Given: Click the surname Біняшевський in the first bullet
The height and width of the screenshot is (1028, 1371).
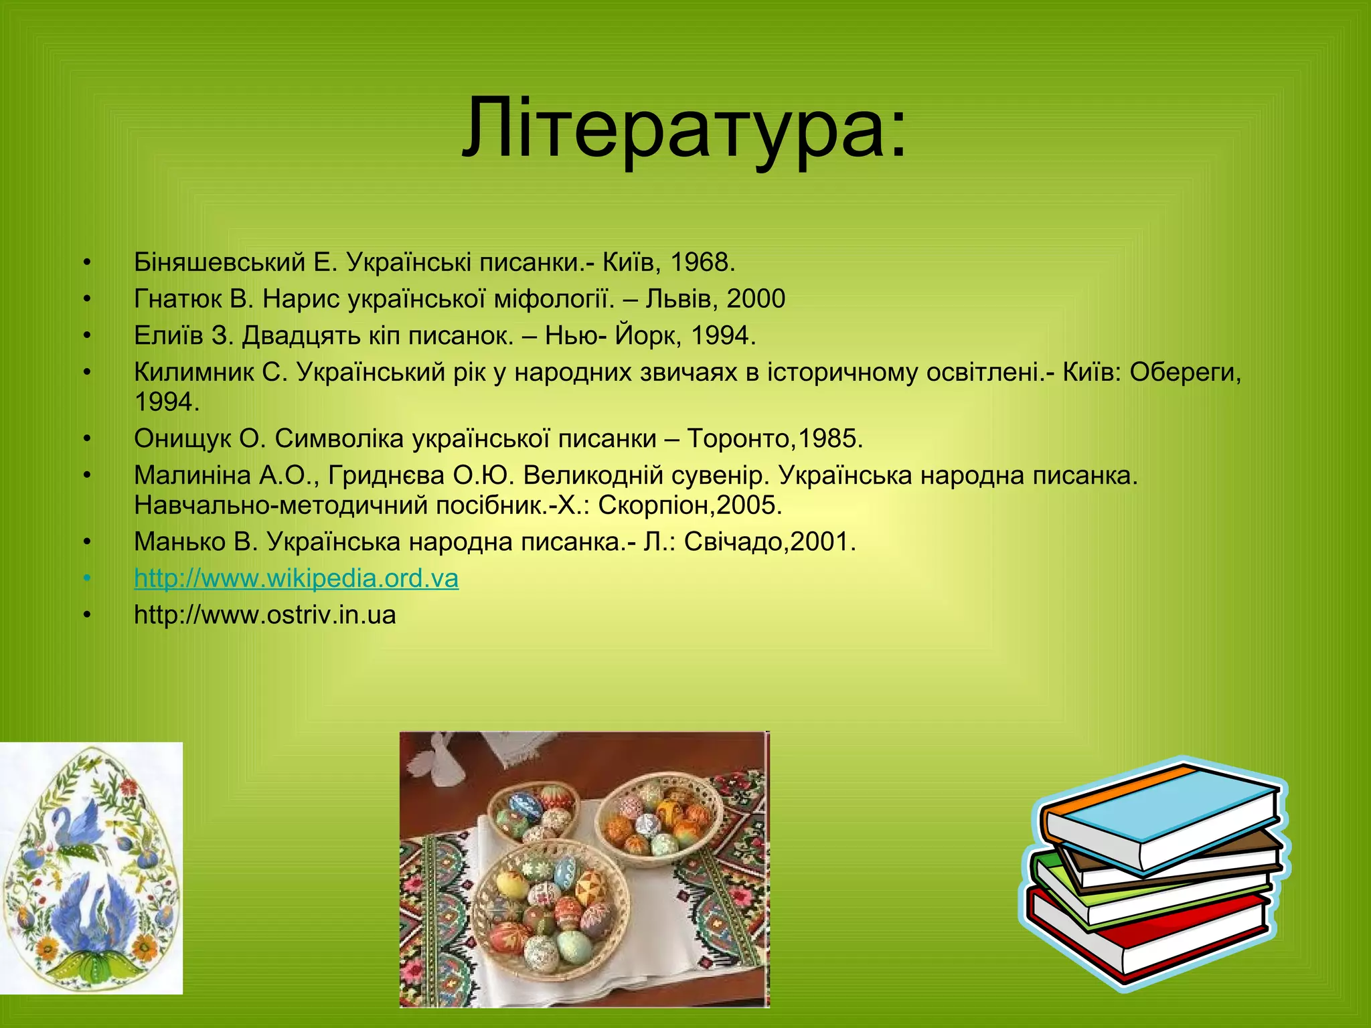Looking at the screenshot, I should point(220,262).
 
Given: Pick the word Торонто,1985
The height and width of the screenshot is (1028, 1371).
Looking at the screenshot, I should point(775,438).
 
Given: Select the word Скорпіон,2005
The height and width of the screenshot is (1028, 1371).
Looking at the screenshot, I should point(690,505).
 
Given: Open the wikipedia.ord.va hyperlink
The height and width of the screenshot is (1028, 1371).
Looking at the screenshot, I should point(296,578).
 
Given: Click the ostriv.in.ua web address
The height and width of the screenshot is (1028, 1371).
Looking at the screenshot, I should point(265,614).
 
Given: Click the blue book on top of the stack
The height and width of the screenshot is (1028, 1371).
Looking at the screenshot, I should point(1165,813).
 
